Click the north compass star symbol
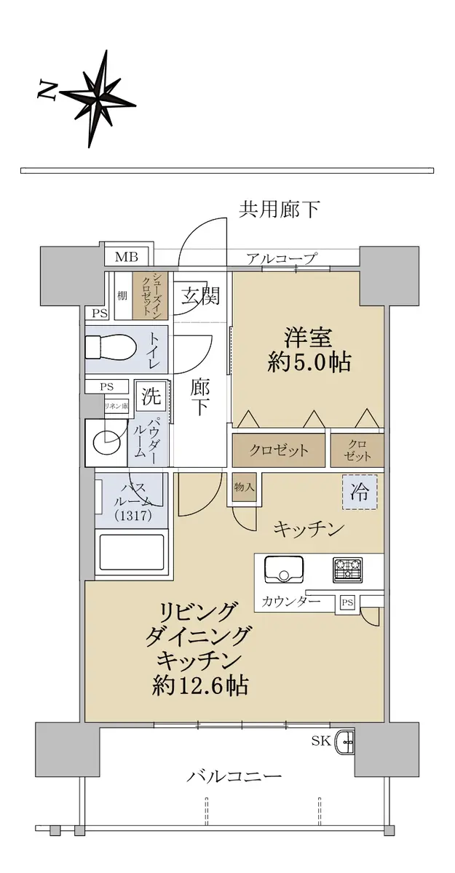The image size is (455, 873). (x=98, y=100)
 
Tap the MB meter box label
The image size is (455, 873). (x=127, y=258)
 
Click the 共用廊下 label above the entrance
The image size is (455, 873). (x=279, y=210)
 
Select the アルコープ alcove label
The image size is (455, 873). (x=281, y=258)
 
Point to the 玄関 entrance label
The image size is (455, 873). (x=200, y=295)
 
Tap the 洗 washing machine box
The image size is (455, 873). (x=151, y=396)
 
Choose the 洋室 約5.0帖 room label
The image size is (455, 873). (x=309, y=350)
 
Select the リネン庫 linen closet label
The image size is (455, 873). (x=116, y=406)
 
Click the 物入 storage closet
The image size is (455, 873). (x=245, y=487)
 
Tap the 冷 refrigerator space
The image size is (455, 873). (x=360, y=492)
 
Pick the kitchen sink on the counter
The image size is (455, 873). (x=284, y=569)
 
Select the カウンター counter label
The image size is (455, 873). (x=291, y=602)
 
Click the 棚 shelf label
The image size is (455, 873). (x=122, y=295)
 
